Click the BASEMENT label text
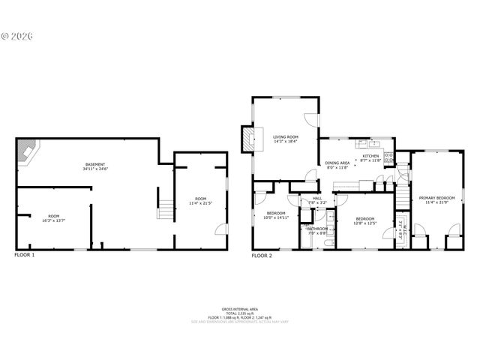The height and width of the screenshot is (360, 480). tap(94, 164)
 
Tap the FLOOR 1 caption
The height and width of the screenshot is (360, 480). tap(25, 256)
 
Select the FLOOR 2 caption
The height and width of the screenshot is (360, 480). tap(262, 256)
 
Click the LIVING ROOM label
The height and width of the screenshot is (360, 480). tap(285, 136)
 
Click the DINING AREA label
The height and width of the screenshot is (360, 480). tap(337, 163)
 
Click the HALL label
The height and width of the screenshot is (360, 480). tap(316, 199)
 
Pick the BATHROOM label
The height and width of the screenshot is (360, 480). tap(317, 229)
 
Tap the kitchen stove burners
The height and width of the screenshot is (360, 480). tap(388, 157)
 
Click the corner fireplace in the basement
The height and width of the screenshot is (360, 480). tap(28, 153)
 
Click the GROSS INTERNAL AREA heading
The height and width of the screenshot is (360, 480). tap(239, 308)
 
